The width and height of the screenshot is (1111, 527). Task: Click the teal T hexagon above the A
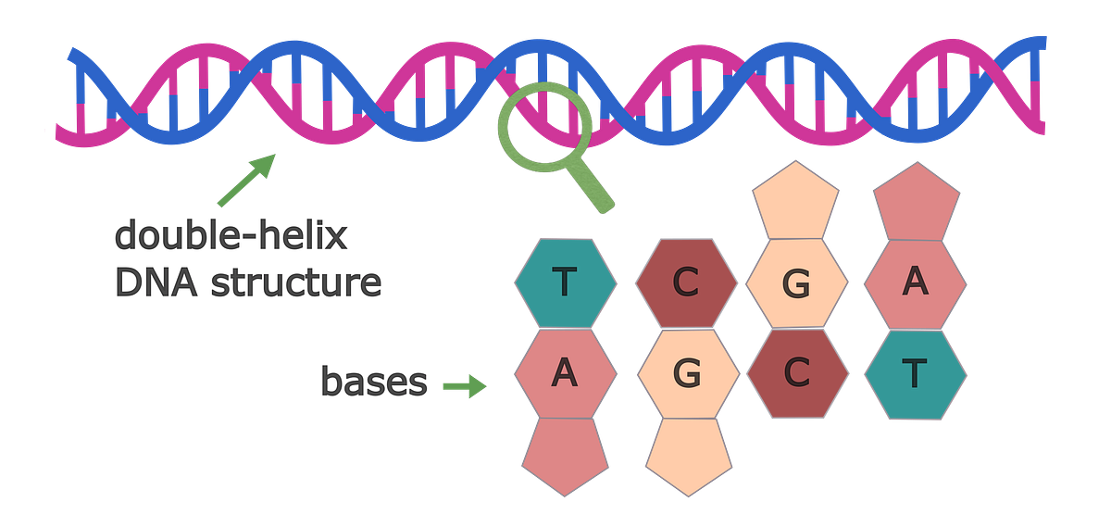click(565, 282)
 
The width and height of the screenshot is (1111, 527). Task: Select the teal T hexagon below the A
click(916, 374)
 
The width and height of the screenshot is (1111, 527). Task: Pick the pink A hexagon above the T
click(916, 282)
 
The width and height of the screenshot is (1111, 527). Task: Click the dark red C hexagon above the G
click(685, 282)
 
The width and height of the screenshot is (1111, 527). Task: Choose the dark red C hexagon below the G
click(796, 374)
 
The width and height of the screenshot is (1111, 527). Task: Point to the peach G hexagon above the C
click(796, 282)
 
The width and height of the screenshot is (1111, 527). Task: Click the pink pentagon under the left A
click(565, 454)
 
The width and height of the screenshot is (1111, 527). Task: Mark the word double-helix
click(231, 236)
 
